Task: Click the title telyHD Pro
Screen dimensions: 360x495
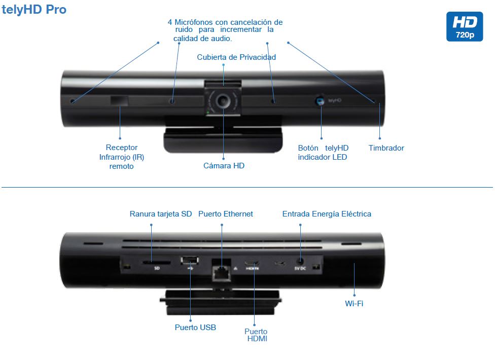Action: [x=34, y=9]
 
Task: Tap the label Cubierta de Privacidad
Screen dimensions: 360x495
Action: [x=236, y=57]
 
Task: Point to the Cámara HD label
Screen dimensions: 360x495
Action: [x=224, y=165]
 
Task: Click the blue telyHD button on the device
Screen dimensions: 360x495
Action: [x=320, y=101]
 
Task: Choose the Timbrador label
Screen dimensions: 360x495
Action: [x=386, y=148]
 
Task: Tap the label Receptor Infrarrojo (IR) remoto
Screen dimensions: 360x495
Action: [x=122, y=157]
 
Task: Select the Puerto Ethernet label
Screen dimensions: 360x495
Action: [x=225, y=214]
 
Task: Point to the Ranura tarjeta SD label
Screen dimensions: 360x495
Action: [x=161, y=214]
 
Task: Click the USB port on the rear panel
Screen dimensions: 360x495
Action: [x=189, y=261]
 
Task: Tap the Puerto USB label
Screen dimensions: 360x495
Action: [x=195, y=328]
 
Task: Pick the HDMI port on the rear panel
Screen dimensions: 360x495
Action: [x=252, y=264]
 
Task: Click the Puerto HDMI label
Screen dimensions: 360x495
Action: [x=256, y=335]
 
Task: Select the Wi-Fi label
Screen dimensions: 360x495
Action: [x=353, y=304]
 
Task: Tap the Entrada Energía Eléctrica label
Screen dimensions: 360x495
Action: [x=327, y=214]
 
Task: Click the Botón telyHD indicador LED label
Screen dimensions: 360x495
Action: [x=323, y=153]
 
